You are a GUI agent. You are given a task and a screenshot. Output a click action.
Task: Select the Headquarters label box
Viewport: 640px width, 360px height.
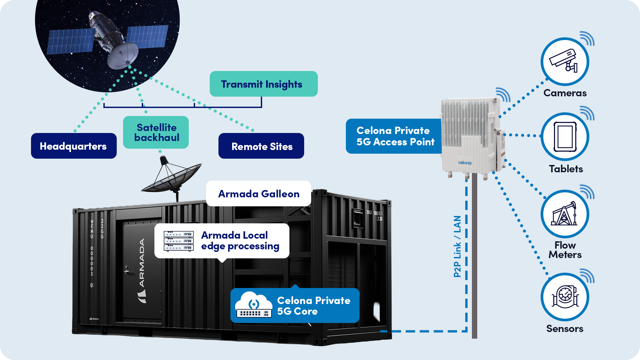74,146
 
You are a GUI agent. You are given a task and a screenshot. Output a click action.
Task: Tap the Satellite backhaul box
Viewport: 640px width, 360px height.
156,132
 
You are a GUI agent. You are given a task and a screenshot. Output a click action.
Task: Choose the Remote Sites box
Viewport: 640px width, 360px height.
261,146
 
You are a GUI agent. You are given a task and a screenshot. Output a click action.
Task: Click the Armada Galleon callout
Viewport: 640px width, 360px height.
258,194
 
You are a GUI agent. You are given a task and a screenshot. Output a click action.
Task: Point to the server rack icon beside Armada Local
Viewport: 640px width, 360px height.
178,241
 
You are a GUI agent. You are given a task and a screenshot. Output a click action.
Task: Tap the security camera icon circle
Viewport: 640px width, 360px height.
565,62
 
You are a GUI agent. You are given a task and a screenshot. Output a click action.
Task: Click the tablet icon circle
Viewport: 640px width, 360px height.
565,137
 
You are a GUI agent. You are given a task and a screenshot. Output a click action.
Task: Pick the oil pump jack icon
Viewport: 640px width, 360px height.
565,214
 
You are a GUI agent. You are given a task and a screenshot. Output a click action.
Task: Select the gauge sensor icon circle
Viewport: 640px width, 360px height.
565,297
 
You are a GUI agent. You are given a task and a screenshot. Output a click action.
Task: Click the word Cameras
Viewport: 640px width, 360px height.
565,93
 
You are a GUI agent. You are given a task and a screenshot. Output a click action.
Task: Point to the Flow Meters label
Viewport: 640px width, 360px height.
565,250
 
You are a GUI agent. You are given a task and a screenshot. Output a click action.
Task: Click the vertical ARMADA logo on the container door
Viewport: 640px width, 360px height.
142,263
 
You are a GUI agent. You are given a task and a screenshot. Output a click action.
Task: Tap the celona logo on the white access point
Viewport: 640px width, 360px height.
465,163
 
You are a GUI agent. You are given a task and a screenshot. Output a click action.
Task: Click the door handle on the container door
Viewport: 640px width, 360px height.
126,270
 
